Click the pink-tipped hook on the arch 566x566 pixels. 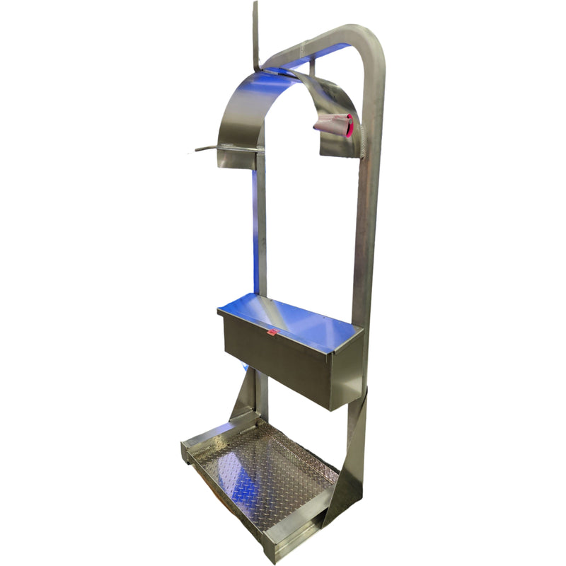(335, 125)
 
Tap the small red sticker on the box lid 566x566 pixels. (271, 330)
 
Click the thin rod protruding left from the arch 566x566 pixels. (207, 149)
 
